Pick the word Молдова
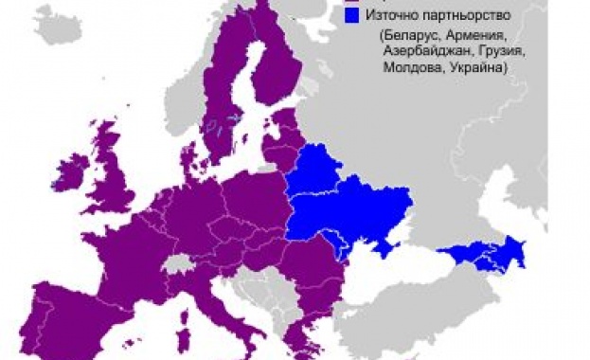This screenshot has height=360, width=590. [x=410, y=69]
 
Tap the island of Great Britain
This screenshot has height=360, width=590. [x=114, y=185]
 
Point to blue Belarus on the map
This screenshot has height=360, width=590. [x=316, y=174]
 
